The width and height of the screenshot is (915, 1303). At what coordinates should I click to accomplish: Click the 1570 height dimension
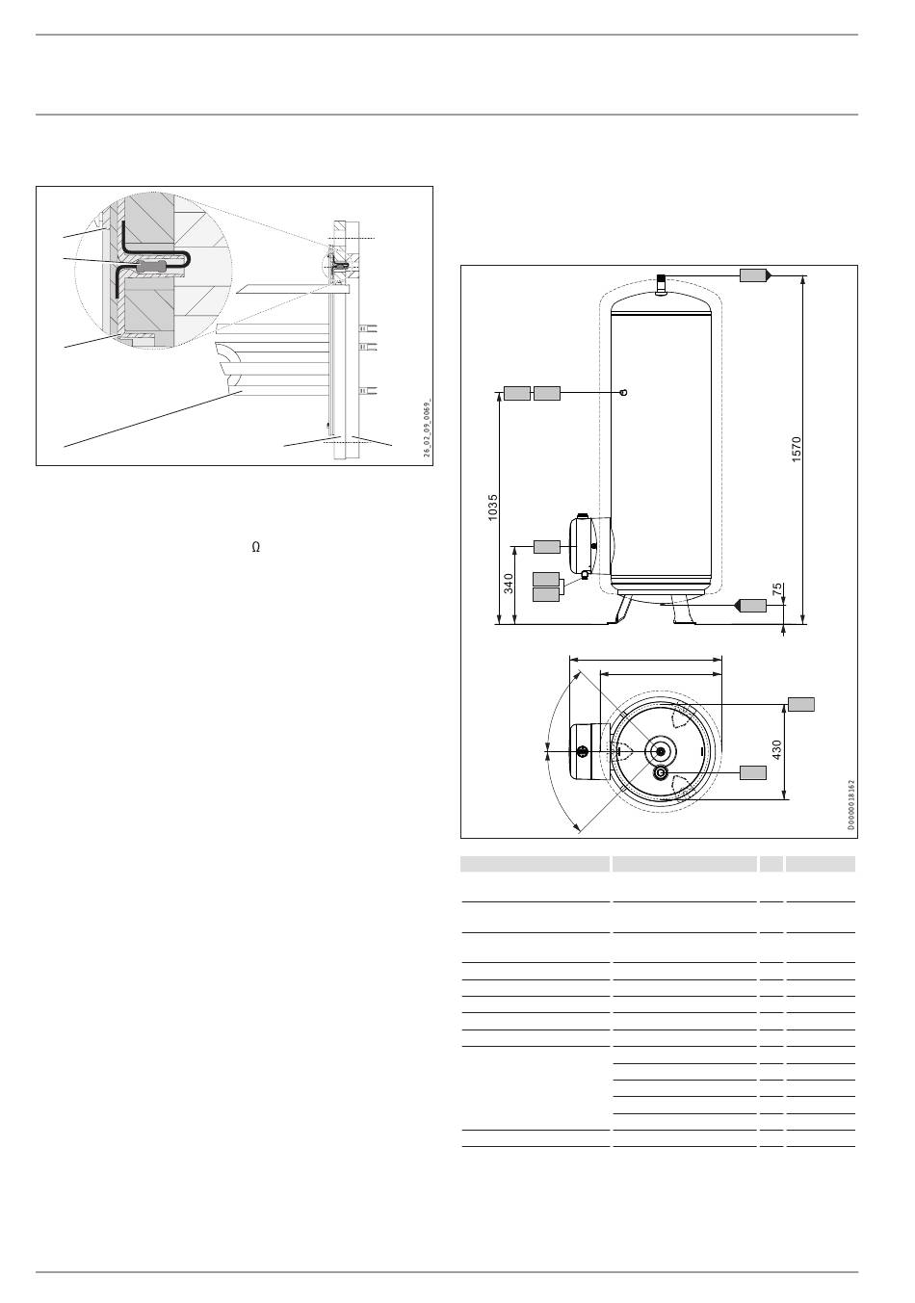tap(797, 449)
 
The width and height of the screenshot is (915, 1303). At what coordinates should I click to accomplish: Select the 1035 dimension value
tap(493, 508)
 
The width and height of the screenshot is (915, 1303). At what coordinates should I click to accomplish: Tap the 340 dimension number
tap(509, 584)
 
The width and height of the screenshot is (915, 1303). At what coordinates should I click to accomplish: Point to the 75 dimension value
tap(777, 589)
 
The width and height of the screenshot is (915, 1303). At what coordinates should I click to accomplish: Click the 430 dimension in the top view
tap(776, 750)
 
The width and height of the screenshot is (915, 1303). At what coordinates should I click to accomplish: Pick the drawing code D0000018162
tap(850, 804)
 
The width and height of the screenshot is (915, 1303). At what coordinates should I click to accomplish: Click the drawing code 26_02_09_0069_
tap(427, 429)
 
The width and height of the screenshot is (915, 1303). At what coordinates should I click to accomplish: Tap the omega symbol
tap(255, 547)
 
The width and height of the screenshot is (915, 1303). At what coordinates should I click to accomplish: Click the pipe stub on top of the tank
tap(662, 286)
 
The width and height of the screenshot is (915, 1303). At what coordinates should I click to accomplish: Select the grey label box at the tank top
tap(753, 275)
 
